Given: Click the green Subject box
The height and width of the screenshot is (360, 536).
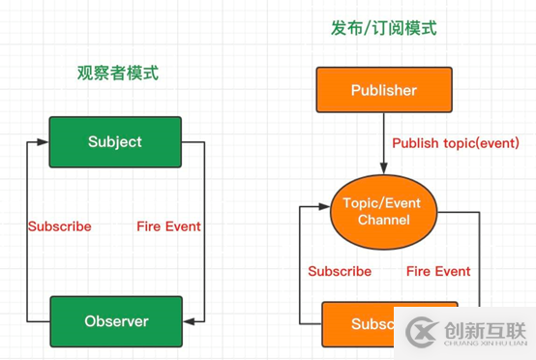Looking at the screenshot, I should point(115,142).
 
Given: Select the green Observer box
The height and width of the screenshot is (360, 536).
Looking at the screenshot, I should point(115,321).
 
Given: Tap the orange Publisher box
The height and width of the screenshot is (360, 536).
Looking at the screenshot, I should point(383,91).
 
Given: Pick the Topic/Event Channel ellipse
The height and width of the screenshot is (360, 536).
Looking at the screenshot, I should point(384,212).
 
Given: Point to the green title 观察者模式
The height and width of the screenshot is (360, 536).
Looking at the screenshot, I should point(118,73).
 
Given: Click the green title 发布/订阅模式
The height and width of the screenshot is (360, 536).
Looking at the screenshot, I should point(383,28).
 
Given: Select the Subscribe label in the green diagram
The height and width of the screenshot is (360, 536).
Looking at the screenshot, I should point(59,226).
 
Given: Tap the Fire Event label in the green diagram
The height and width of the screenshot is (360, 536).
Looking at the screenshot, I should point(169,226).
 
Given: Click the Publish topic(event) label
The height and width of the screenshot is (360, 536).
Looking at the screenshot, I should point(456,143).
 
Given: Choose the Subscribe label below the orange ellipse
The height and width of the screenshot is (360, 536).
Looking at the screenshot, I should point(340,272).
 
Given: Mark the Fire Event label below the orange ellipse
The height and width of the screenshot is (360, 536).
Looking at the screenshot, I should point(438,272).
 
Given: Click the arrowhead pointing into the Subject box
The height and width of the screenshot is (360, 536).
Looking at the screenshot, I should point(44,142).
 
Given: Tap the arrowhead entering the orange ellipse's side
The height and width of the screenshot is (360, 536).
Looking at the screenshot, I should point(325,206).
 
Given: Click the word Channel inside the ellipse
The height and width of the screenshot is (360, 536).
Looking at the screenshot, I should point(384,221).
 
